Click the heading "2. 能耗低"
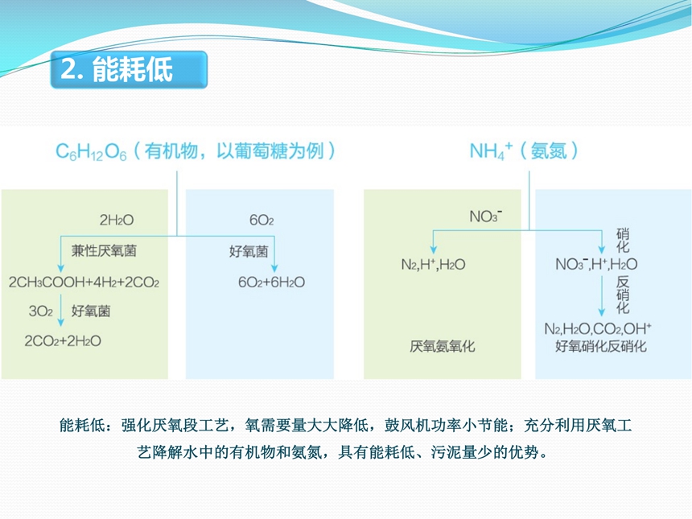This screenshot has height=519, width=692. (117, 69)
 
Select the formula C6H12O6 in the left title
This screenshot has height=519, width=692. (91, 152)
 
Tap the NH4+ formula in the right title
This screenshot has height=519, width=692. (491, 151)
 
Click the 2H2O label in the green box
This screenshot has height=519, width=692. (117, 220)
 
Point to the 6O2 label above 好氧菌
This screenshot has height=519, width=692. (262, 220)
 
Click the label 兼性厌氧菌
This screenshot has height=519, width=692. (104, 251)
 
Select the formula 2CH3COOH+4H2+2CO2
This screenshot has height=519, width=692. (84, 282)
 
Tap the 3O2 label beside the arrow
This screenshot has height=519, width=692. (40, 311)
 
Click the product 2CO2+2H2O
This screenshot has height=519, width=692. (63, 340)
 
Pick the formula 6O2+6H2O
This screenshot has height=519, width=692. (271, 282)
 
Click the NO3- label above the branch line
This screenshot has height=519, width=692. (485, 216)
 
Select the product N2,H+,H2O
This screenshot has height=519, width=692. (433, 265)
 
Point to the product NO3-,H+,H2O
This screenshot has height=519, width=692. (596, 264)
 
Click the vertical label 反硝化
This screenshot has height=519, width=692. (623, 295)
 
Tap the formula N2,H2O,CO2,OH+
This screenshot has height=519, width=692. (598, 329)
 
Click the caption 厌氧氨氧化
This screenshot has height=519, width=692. (443, 347)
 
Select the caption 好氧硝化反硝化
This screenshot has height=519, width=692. (601, 346)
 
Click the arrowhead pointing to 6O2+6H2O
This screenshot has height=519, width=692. (274, 268)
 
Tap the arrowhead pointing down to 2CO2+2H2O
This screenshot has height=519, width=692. (61, 322)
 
